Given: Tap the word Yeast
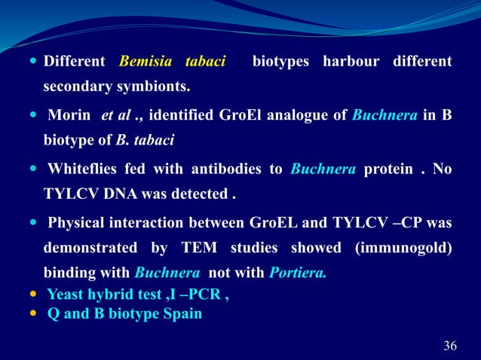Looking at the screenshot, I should point(65,294).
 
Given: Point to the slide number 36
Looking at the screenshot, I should point(450,346).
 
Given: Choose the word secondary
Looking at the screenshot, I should point(74,87).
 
